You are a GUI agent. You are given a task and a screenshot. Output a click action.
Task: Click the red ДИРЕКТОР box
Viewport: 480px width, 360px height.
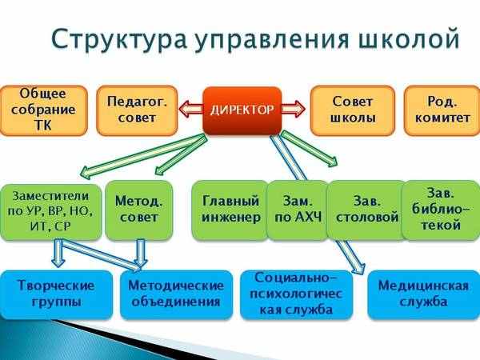(x=242, y=110)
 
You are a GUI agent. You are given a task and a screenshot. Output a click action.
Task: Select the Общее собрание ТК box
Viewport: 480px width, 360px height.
(x=43, y=110)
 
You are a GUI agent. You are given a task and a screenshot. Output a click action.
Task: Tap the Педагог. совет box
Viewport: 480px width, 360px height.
(x=137, y=110)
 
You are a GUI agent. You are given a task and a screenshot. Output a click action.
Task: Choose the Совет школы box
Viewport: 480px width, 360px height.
(x=353, y=110)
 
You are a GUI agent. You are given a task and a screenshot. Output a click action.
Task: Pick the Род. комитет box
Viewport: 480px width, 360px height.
(x=442, y=110)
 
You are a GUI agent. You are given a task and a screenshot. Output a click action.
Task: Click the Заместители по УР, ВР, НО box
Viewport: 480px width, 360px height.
(x=50, y=211)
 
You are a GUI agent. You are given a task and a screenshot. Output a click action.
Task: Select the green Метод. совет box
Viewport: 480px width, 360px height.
(x=138, y=210)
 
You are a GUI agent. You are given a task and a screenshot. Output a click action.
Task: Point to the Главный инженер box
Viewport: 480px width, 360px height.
(x=230, y=210)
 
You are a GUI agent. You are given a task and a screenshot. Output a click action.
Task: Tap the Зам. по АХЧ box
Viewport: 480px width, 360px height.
(x=298, y=210)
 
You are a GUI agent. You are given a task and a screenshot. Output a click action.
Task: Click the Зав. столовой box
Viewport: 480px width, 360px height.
(x=366, y=210)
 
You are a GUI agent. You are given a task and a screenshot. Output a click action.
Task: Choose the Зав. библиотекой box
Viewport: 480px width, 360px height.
(x=441, y=210)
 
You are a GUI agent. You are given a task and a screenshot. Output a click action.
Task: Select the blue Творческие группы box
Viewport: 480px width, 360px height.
(x=56, y=294)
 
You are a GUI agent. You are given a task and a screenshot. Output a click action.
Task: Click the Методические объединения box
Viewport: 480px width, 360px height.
(x=176, y=294)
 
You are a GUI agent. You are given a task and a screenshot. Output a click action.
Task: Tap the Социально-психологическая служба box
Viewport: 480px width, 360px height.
(x=296, y=294)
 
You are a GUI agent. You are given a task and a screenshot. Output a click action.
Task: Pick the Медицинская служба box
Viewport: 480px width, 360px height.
(x=424, y=294)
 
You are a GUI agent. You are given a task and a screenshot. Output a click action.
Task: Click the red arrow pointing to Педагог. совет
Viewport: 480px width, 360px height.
(x=190, y=110)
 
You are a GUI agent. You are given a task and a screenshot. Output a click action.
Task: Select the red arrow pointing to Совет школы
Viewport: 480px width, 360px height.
(x=294, y=110)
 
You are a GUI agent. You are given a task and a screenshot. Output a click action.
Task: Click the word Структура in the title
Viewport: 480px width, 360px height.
(x=118, y=39)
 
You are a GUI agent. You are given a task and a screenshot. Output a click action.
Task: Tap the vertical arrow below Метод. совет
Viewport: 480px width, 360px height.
(x=141, y=253)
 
